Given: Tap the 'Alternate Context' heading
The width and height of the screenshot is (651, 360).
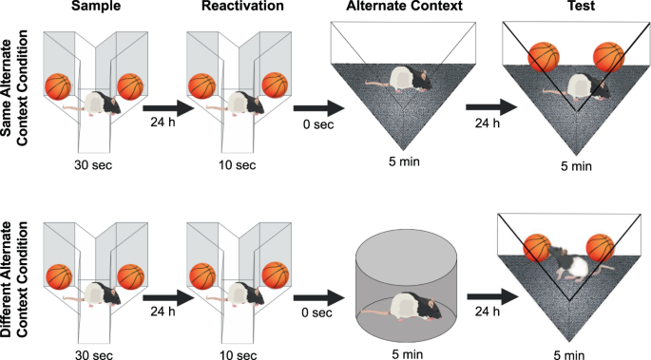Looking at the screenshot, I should (398, 8).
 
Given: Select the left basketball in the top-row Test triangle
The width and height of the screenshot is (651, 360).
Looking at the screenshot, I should (543, 59).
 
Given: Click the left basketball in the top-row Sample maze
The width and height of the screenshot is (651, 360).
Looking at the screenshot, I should (59, 87).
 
